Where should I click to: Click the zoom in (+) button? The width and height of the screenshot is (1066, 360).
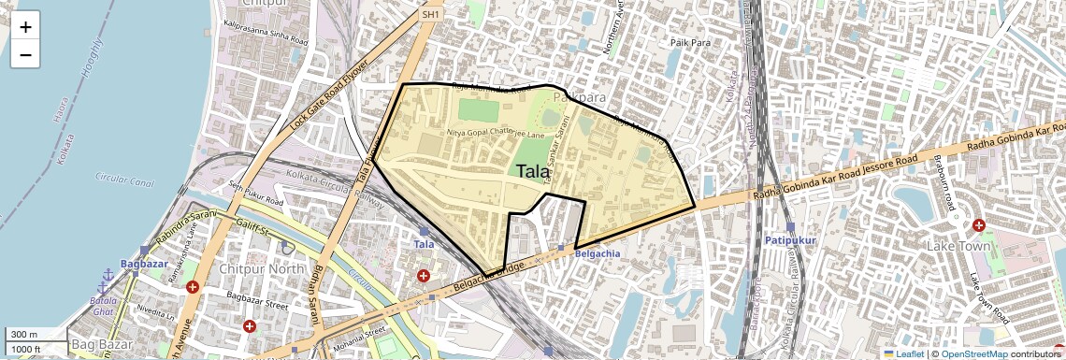click(x=25, y=27)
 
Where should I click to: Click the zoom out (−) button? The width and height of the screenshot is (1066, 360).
click(x=25, y=55)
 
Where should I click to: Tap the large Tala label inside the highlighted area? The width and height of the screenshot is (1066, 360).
click(x=533, y=171)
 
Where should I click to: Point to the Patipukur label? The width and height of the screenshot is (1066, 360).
click(x=790, y=240)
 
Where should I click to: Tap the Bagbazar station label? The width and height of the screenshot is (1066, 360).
click(x=144, y=266)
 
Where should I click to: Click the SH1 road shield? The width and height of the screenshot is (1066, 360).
click(x=430, y=15)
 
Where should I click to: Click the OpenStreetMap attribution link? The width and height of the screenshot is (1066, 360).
click(x=973, y=354)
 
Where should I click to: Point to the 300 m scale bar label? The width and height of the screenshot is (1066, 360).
click(x=24, y=335)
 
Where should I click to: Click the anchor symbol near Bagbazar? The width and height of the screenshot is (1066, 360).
click(x=108, y=275)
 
